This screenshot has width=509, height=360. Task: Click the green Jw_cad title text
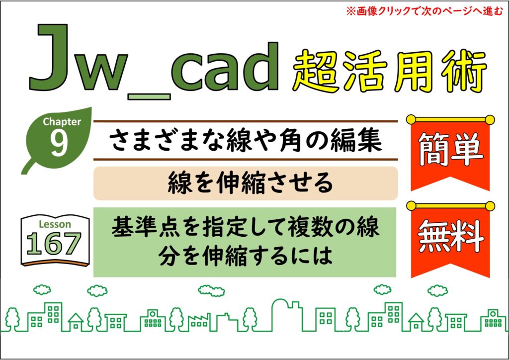click(x=154, y=59)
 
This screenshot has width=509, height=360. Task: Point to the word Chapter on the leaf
click(x=62, y=121)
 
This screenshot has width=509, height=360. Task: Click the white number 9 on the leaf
click(x=59, y=143)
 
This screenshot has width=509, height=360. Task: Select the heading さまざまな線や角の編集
click(x=246, y=140)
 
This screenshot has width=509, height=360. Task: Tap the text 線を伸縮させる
click(x=251, y=183)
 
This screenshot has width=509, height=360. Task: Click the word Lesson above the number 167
click(x=55, y=224)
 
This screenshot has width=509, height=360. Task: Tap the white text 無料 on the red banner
click(x=450, y=236)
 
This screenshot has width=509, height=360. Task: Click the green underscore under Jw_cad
click(x=149, y=96)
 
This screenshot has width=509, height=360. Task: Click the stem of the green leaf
click(x=28, y=167)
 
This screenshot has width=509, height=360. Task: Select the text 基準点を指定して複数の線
click(x=246, y=227)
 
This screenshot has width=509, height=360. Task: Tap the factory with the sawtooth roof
click(x=199, y=322)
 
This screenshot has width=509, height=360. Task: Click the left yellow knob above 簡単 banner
click(x=411, y=119)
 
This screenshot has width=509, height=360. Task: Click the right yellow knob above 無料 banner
click(x=490, y=206)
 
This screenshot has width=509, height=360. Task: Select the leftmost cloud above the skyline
click(x=42, y=289)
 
